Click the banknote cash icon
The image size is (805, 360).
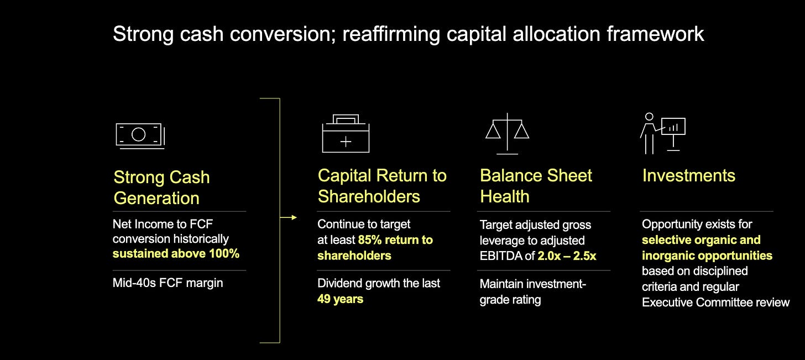(140, 135)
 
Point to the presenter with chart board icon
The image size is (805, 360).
(662, 133)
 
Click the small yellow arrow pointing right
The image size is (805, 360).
(288, 218)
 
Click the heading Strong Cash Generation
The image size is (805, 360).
(161, 187)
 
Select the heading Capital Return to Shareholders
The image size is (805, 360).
(381, 186)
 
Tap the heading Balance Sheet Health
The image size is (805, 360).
(535, 186)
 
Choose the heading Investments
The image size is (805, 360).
(688, 176)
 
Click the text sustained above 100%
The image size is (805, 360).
(176, 254)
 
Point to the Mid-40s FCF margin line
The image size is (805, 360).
(168, 283)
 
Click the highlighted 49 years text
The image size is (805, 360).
(340, 299)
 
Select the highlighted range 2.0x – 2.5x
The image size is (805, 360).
(566, 256)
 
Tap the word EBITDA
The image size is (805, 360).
(501, 256)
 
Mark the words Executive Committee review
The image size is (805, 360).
(715, 302)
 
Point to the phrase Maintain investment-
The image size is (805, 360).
(532, 284)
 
